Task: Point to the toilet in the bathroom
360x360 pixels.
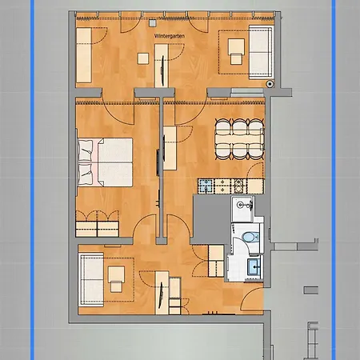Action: [250, 238]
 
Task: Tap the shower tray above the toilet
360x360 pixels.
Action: [246, 210]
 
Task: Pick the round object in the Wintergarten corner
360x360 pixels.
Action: [271, 82]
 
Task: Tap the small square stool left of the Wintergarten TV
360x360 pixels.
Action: [143, 58]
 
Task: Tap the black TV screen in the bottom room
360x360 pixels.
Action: [166, 295]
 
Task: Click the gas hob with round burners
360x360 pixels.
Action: [206, 186]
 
